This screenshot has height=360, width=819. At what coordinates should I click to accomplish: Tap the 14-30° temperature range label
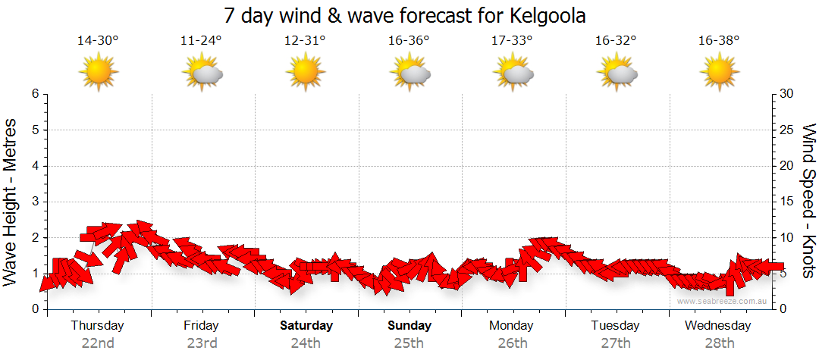click(x=98, y=41)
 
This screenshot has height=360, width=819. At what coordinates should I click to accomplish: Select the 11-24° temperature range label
click(x=202, y=41)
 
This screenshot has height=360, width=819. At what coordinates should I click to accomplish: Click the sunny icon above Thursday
click(x=99, y=72)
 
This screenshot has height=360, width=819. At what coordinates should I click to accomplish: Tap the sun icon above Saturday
click(x=306, y=72)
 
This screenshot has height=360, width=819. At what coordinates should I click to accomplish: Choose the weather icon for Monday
click(x=513, y=73)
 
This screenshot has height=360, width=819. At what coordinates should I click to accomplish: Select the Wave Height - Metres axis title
click(x=11, y=201)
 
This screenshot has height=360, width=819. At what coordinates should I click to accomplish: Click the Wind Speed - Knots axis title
click(x=808, y=201)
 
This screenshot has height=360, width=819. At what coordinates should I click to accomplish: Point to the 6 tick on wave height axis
click(x=35, y=94)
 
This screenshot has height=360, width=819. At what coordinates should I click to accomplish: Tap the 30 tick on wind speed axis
click(x=786, y=94)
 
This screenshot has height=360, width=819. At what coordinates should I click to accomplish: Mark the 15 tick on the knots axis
click(x=786, y=202)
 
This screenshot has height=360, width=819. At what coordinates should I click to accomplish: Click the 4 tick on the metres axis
click(x=35, y=166)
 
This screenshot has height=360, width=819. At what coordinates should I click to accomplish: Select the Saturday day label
click(x=306, y=326)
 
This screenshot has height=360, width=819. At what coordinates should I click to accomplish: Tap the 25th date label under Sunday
click(x=409, y=343)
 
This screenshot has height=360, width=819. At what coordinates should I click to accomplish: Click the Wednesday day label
click(x=718, y=326)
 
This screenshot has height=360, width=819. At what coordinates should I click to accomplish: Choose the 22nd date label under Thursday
click(x=98, y=343)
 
